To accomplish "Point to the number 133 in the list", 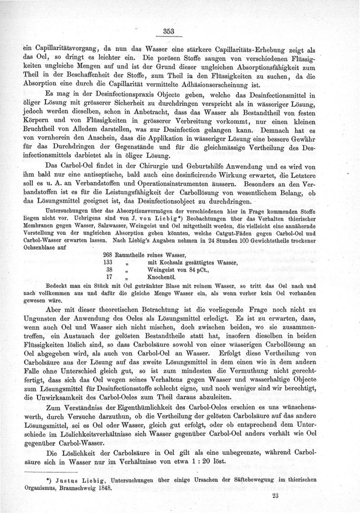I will coord(109,262).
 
